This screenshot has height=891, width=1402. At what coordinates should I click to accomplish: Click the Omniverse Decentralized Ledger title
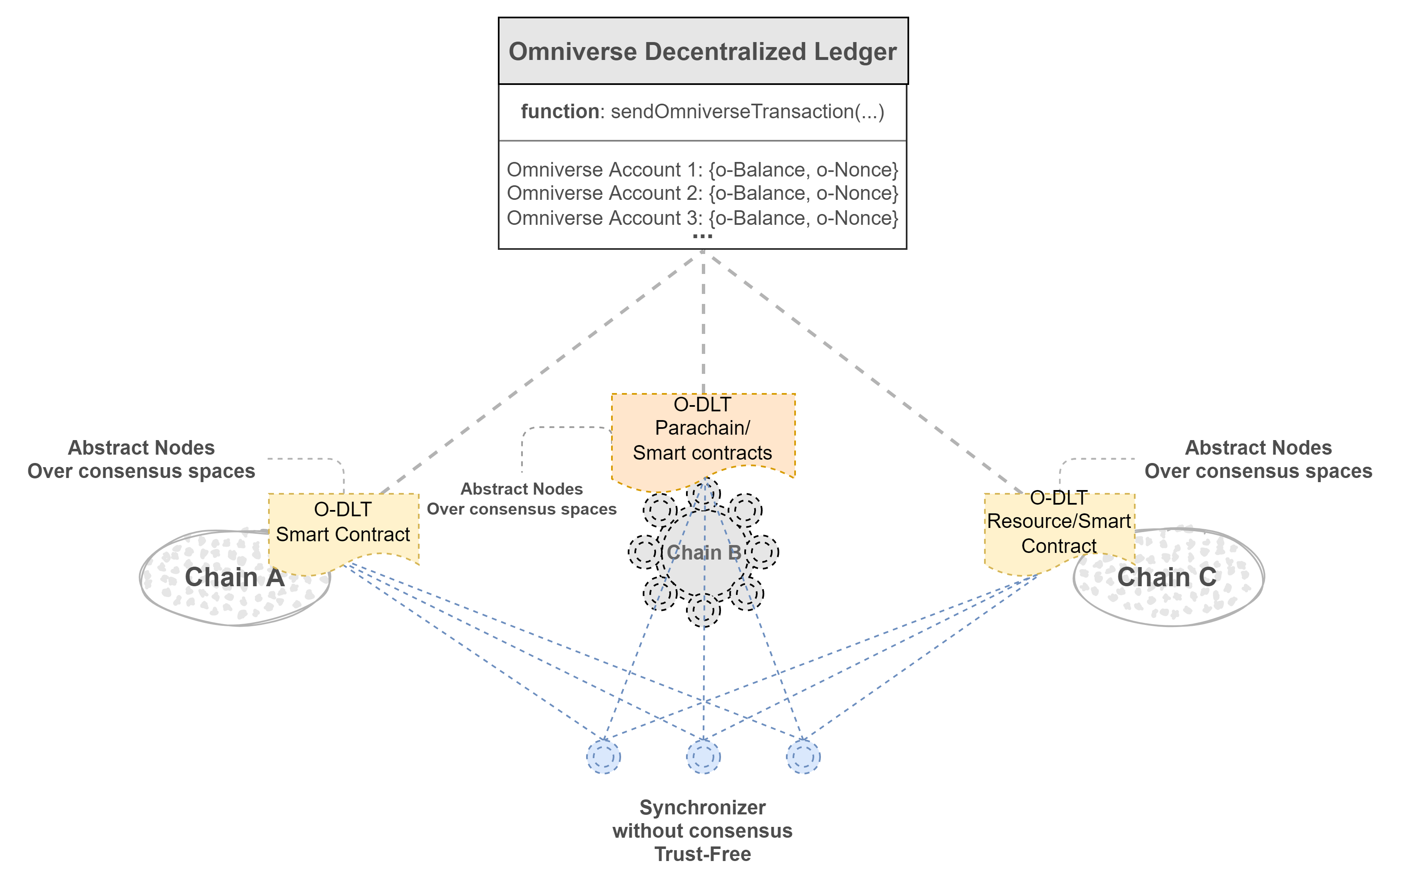coord(702,51)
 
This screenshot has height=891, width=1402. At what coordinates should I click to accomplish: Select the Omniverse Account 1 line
coord(702,169)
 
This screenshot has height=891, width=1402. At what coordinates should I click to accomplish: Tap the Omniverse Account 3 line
coord(702,218)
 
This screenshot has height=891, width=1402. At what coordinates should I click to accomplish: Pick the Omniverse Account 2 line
coord(702,193)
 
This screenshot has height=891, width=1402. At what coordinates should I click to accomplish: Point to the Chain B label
coord(703,552)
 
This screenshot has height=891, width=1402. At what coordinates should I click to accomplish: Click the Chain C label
coord(1167,577)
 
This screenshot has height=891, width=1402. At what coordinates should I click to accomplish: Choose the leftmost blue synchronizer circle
coord(604,757)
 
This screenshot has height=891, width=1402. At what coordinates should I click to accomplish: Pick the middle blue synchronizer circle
coord(703,757)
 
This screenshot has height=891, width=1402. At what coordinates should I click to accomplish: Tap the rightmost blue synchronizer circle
coord(803,757)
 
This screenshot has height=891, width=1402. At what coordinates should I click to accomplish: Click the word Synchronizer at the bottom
coord(702,807)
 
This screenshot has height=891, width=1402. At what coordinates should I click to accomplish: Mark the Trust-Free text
coord(702,854)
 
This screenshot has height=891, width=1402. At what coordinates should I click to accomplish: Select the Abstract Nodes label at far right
coord(1258,448)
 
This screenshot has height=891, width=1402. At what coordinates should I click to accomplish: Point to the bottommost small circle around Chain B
coord(703,609)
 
